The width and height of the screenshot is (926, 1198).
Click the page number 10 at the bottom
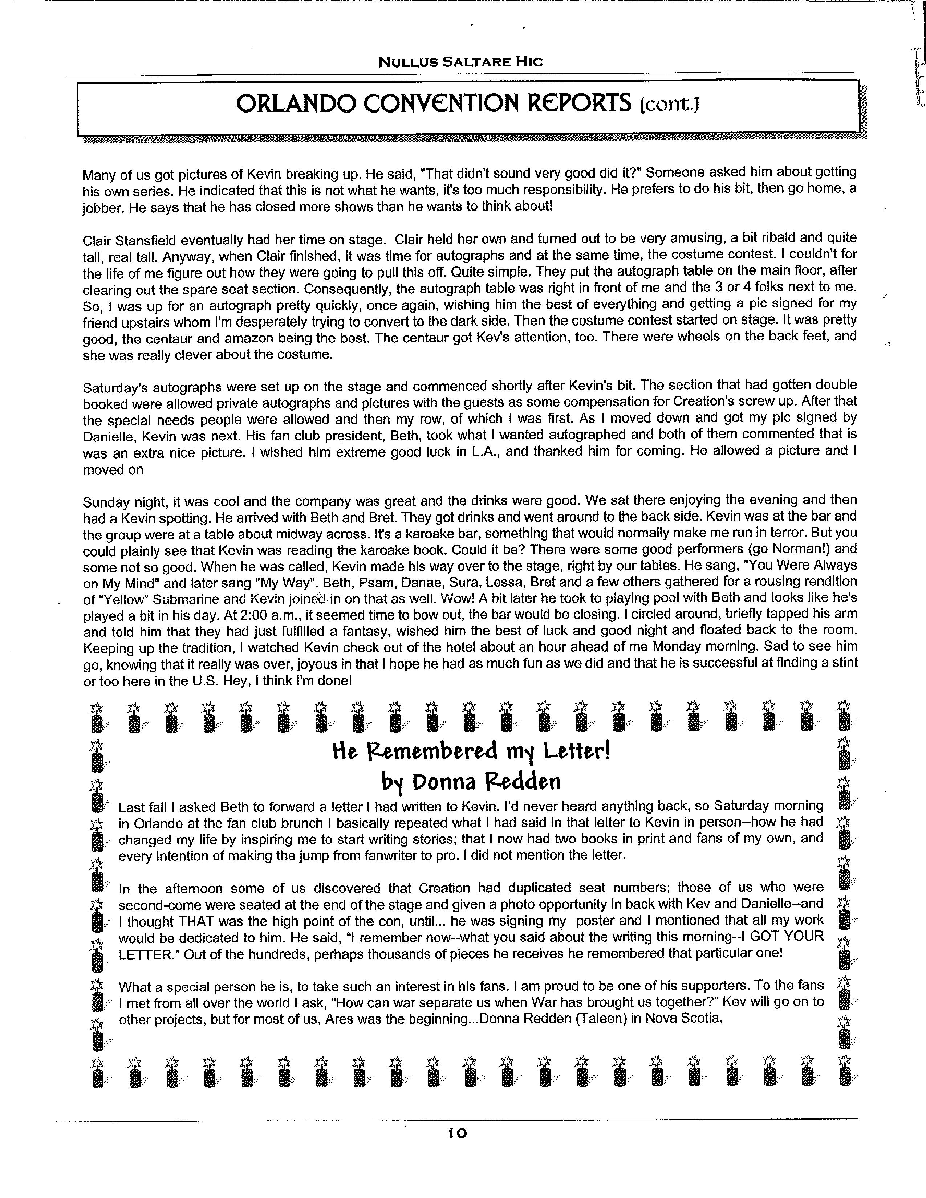[x=457, y=1133]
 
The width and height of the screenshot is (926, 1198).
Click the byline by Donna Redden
[x=471, y=782]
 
